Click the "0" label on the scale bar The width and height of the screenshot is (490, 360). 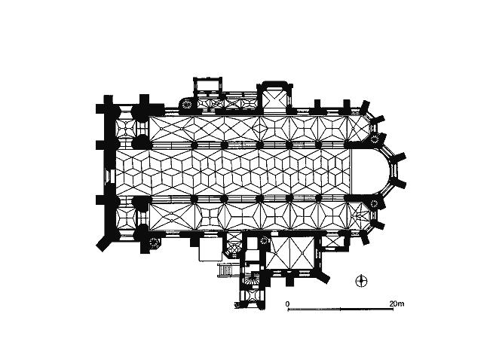[x=287, y=304]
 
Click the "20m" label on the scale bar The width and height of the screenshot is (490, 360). [x=397, y=304]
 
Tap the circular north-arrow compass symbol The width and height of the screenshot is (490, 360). [x=362, y=281]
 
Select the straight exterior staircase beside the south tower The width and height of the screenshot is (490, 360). [x=227, y=270]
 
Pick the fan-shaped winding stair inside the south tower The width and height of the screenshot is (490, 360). [x=253, y=279]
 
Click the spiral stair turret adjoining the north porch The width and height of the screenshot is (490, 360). [x=186, y=104]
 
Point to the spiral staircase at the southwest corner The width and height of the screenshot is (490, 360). [x=154, y=243]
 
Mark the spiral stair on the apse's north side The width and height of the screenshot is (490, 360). [x=374, y=139]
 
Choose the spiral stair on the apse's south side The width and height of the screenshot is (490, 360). [x=374, y=204]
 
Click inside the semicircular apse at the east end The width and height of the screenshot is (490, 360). [x=371, y=171]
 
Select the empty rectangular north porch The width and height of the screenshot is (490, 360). [x=207, y=85]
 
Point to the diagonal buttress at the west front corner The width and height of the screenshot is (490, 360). [x=104, y=243]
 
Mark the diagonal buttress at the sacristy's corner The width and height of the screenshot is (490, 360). [x=323, y=276]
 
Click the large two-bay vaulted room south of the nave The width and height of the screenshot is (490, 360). [x=290, y=252]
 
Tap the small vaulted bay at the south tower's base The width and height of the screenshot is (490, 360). [x=253, y=296]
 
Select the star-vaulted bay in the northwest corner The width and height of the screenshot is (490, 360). [x=126, y=129]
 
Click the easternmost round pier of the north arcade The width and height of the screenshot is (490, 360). [x=319, y=145]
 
